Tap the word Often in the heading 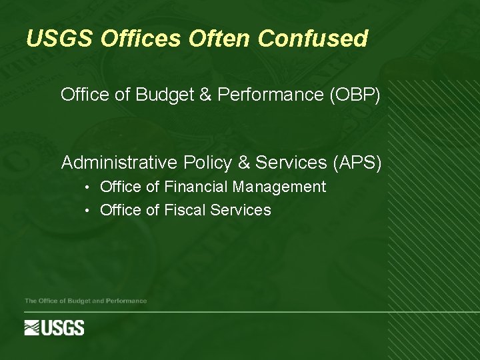pos(219,39)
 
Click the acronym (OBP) pos(355,95)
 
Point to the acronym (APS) pos(357,163)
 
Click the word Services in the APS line pos(288,163)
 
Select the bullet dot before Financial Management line pos(88,188)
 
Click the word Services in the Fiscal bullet pos(241,211)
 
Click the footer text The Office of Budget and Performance pos(85,301)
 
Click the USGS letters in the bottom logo pos(64,328)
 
